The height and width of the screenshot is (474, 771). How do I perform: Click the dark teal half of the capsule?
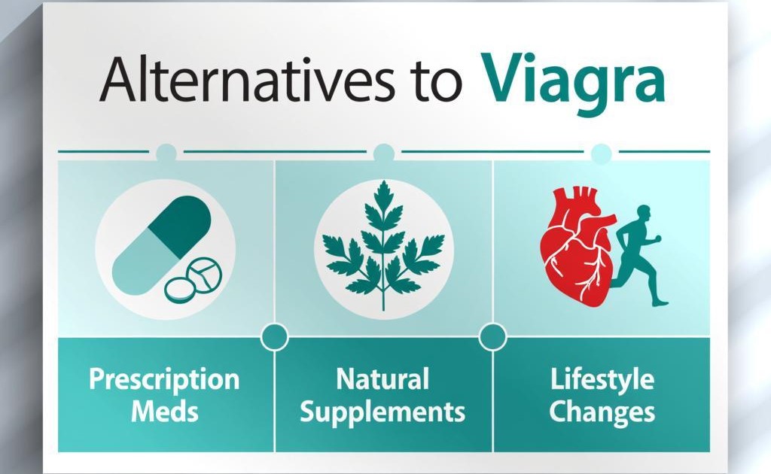[x=180, y=226]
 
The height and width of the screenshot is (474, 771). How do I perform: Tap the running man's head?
[x=644, y=214]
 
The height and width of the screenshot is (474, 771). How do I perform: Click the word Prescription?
[x=164, y=380]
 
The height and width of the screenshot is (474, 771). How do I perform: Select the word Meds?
[x=165, y=411]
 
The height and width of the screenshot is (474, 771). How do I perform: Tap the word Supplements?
[x=382, y=412]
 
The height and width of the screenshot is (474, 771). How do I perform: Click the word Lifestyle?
[x=602, y=380]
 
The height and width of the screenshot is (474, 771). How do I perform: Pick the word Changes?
[x=602, y=412]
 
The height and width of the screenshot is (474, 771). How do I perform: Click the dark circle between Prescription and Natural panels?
[x=274, y=337]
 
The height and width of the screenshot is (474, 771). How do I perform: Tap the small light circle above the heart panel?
[x=601, y=153]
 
